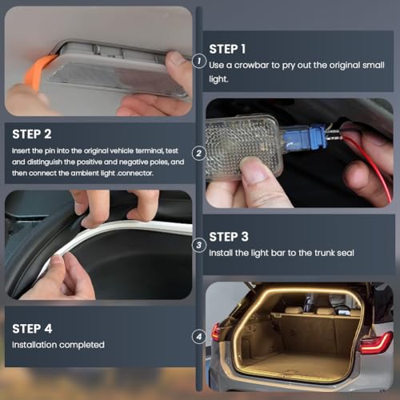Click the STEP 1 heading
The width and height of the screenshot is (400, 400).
pyautogui.click(x=227, y=48)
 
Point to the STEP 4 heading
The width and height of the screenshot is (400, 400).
pyautogui.click(x=33, y=328)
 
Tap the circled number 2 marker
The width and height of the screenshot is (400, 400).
pyautogui.click(x=198, y=153)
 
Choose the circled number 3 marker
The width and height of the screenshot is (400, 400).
pyautogui.click(x=198, y=246)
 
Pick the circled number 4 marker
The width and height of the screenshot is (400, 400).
pyautogui.click(x=198, y=337)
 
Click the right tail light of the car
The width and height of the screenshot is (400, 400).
pyautogui.click(x=375, y=344)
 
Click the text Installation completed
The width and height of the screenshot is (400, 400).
pyautogui.click(x=58, y=345)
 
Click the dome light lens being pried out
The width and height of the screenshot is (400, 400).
pyautogui.click(x=112, y=80)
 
